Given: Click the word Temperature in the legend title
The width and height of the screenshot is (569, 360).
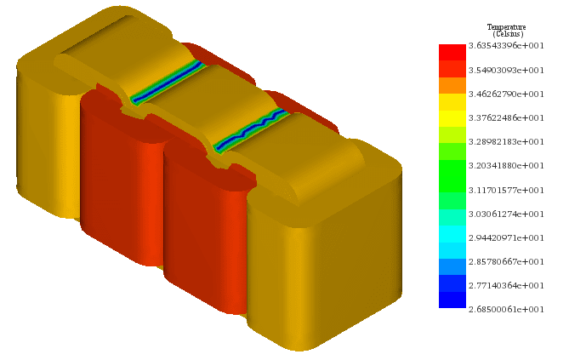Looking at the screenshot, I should pyautogui.click(x=506, y=27).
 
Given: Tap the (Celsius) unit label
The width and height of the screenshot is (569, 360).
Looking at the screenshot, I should pyautogui.click(x=506, y=34).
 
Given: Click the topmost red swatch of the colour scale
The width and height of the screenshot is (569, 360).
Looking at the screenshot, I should pyautogui.click(x=452, y=52).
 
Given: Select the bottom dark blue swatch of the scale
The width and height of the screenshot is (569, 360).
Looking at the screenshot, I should pyautogui.click(x=452, y=300).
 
